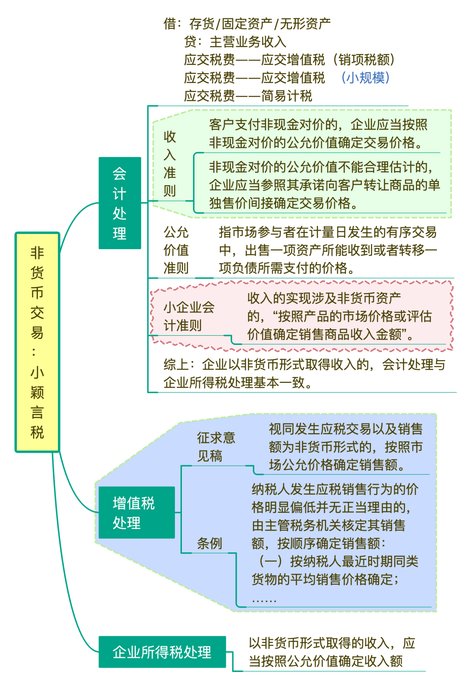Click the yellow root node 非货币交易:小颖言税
(x=37, y=342)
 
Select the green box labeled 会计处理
(x=120, y=203)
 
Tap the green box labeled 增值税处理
(x=137, y=512)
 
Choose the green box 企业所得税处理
(x=162, y=652)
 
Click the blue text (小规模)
(x=366, y=78)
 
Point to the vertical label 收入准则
(x=170, y=164)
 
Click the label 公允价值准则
(x=176, y=250)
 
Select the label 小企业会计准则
(x=189, y=316)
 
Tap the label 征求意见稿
(x=216, y=447)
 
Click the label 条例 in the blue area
(x=209, y=543)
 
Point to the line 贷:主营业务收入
(x=235, y=42)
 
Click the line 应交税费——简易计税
(x=248, y=96)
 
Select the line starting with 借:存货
(x=247, y=23)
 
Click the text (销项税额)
(x=364, y=60)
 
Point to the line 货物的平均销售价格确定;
(x=325, y=579)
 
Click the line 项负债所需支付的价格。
(x=287, y=268)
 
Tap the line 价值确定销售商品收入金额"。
(x=330, y=334)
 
